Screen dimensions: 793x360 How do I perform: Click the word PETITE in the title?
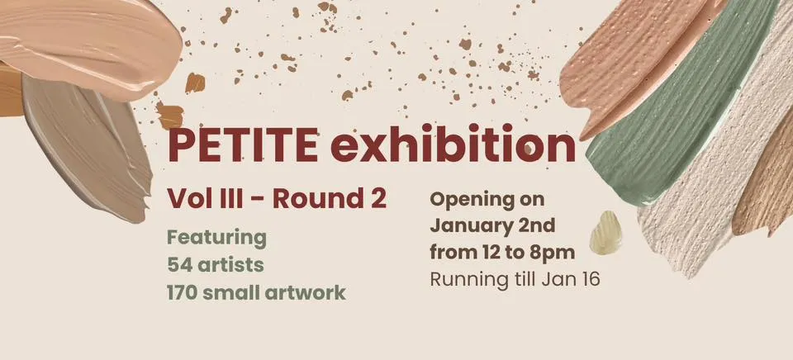pos(243,145)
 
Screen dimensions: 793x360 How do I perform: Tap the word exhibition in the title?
pos(453,144)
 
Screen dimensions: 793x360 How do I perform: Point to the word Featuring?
pos(217,238)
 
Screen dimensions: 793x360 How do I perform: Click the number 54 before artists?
pos(179,265)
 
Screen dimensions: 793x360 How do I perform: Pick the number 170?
pos(184,292)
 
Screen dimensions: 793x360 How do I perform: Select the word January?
pos(472,226)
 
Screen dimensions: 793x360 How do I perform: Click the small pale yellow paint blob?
pos(605,233)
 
